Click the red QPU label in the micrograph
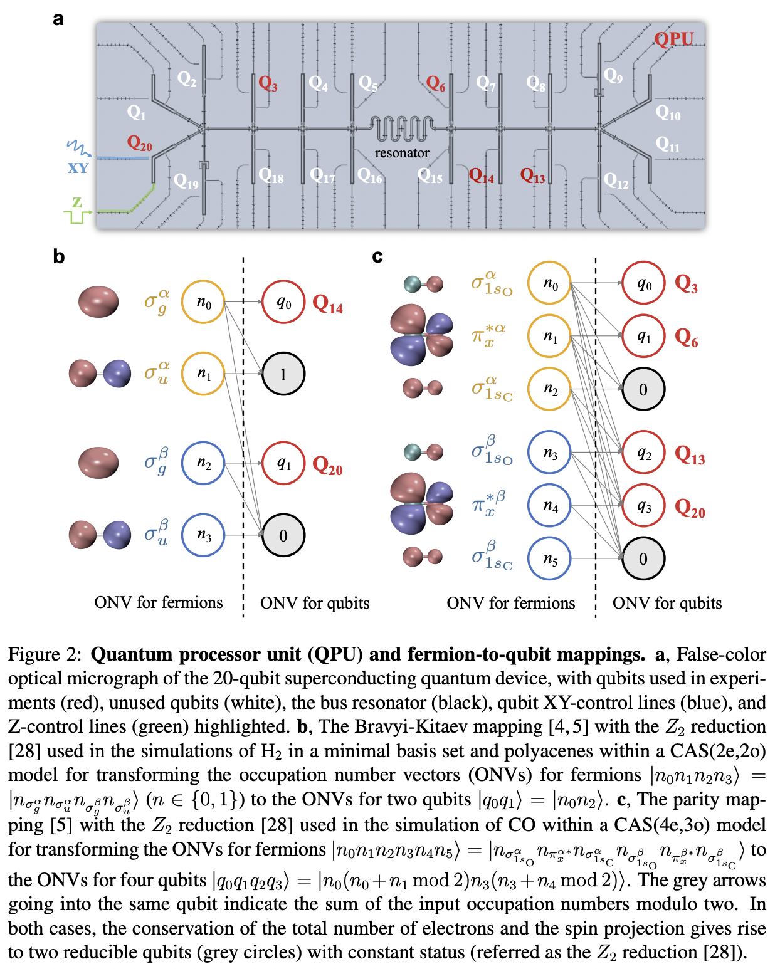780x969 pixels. click(x=674, y=39)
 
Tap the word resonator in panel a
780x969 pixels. click(x=402, y=153)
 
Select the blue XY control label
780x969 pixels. click(x=78, y=168)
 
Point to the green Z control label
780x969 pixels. click(x=76, y=202)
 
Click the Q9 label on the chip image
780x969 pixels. click(x=613, y=76)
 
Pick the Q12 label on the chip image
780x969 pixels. click(x=616, y=181)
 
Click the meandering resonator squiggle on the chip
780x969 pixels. click(x=401, y=128)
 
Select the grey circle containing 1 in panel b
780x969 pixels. click(x=283, y=374)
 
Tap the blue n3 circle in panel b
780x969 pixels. click(x=203, y=535)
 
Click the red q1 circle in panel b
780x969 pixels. click(x=283, y=464)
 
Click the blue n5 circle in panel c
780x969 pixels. click(x=549, y=558)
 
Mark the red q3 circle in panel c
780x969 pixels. click(x=643, y=506)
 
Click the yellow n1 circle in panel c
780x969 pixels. click(x=549, y=337)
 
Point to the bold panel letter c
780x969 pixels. click(x=377, y=257)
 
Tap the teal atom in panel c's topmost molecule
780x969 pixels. click(x=412, y=285)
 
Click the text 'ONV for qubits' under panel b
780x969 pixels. click(x=315, y=603)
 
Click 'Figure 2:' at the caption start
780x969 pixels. click(x=45, y=654)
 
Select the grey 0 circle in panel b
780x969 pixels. click(x=283, y=536)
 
